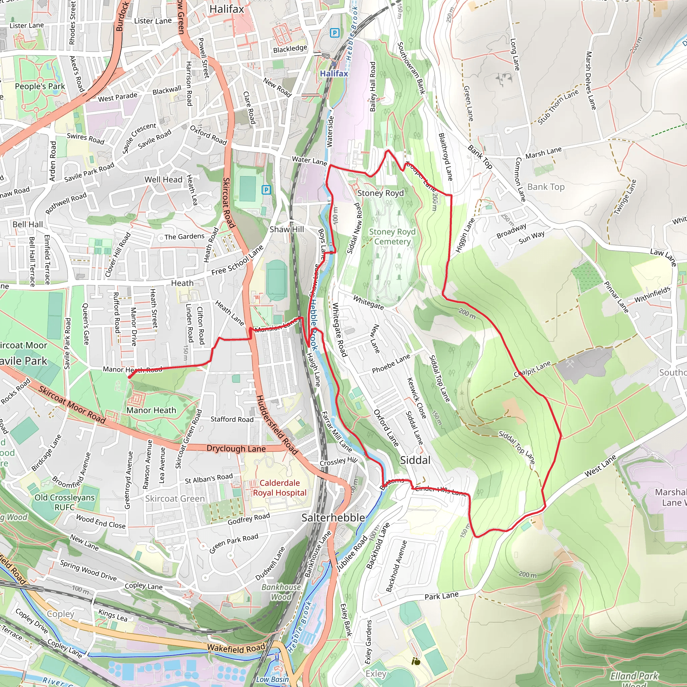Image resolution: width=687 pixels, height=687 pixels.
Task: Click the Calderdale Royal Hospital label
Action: coord(279,487)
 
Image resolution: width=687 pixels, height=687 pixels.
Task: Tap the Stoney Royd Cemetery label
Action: coord(392,236)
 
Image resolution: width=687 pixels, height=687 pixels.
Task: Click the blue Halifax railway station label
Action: coord(333,73)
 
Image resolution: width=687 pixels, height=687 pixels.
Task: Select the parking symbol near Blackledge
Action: coord(334,33)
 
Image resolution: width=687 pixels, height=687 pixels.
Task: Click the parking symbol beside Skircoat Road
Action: coord(266,190)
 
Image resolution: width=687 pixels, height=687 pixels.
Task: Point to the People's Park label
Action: coord(40,87)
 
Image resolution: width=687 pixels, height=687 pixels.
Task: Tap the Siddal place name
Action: coord(415,460)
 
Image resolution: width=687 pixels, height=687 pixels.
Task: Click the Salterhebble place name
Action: coord(333,518)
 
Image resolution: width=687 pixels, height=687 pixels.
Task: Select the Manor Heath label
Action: coord(151,410)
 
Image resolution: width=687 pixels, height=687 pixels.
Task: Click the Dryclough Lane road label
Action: coord(236,448)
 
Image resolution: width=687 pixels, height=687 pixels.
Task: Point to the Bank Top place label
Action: coord(545,187)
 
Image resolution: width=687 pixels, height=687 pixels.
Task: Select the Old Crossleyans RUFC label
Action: coord(64,502)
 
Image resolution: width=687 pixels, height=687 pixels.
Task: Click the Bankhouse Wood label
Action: coord(281,592)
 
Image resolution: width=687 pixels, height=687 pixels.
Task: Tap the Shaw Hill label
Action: coord(286,229)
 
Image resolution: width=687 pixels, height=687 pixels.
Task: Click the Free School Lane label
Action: coord(237,261)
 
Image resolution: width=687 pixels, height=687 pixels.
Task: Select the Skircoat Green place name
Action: coord(175,498)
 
